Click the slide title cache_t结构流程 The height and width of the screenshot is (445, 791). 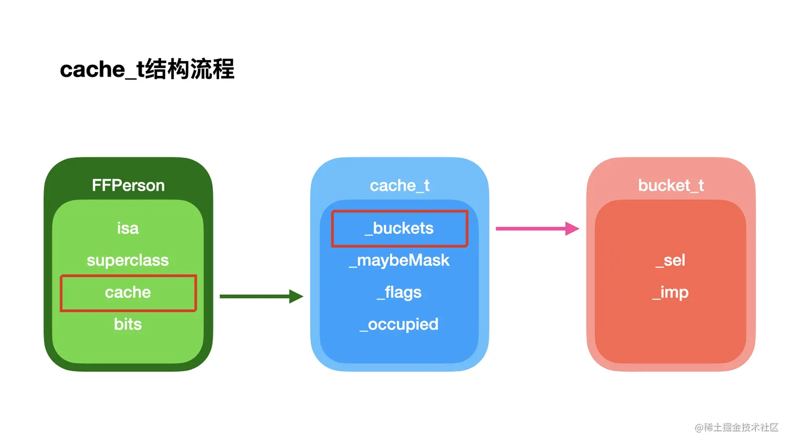click(147, 70)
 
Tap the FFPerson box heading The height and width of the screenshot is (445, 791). click(128, 186)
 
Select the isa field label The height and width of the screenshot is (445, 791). click(128, 229)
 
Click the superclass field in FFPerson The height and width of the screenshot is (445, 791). click(128, 260)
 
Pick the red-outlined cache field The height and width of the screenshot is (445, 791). click(128, 293)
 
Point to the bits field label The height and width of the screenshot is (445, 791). click(128, 325)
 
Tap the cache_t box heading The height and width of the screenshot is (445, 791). click(400, 186)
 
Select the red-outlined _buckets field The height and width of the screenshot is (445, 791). click(400, 229)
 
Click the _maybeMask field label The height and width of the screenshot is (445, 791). click(400, 260)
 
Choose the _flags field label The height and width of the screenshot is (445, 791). click(400, 292)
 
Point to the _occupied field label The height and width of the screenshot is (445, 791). click(400, 325)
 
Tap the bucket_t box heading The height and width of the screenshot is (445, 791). click(671, 186)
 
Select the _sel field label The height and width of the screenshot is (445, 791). click(671, 260)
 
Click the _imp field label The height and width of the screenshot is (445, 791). click(671, 292)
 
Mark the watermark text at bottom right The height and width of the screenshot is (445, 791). click(737, 428)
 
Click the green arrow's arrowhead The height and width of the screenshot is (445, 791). click(297, 296)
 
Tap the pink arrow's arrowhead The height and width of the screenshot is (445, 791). click(572, 229)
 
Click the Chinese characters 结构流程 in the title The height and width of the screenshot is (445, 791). click(190, 70)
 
